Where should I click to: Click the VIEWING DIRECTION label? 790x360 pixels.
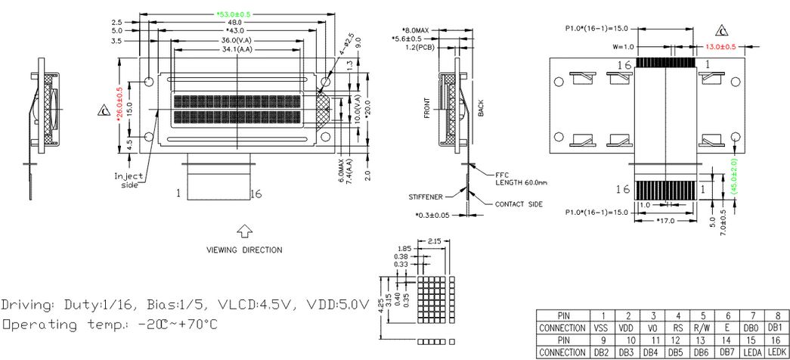click(244, 250)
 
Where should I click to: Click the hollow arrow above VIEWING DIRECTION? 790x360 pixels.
click(244, 230)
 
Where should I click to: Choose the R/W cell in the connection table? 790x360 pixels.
click(703, 328)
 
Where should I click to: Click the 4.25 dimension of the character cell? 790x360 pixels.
click(383, 297)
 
